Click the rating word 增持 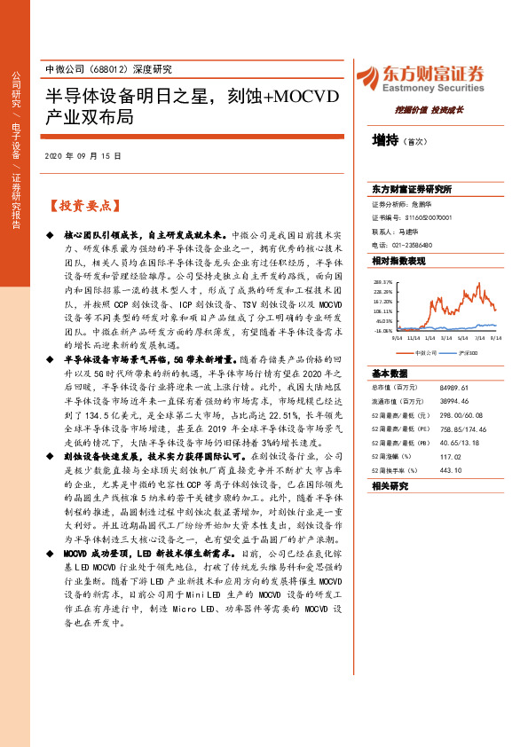[386, 139]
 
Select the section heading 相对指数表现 [398, 261]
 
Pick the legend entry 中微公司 [424, 352]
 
